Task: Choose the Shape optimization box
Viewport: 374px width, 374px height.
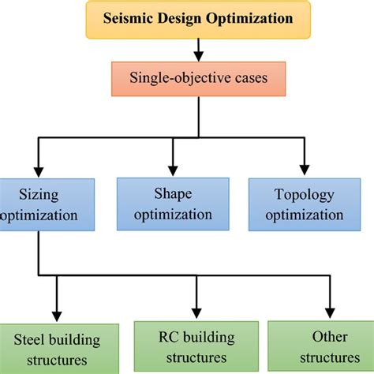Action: click(x=173, y=204)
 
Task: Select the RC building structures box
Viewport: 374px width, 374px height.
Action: click(x=195, y=347)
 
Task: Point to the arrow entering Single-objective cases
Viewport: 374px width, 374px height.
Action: click(x=198, y=55)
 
